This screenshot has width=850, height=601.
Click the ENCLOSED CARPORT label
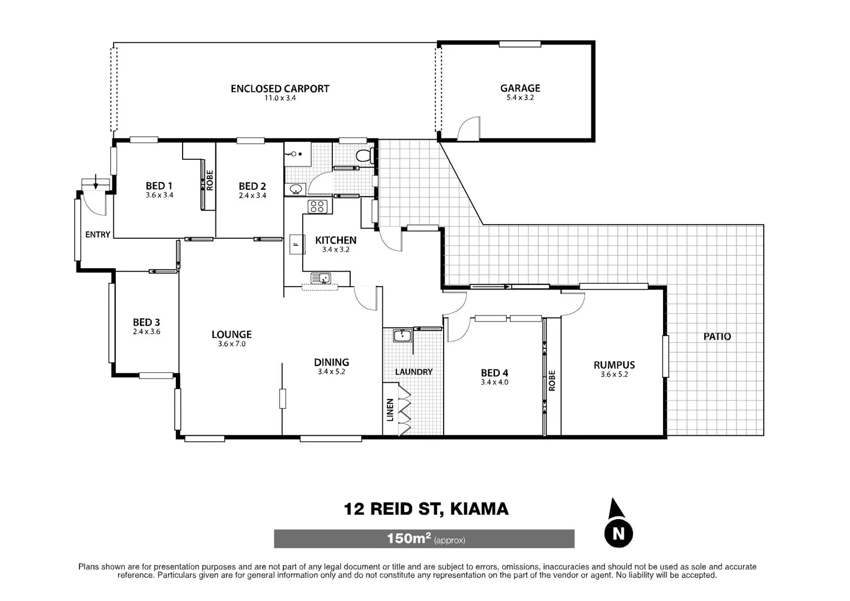click(279, 88)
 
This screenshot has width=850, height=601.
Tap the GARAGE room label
click(520, 88)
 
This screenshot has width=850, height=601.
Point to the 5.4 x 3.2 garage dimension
click(520, 97)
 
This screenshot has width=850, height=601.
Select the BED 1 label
click(159, 186)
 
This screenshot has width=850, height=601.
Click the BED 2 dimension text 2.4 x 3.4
click(252, 195)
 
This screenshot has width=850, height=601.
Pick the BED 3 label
click(146, 322)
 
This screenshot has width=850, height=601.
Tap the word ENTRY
click(97, 235)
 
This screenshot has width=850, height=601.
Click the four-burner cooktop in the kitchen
click(317, 207)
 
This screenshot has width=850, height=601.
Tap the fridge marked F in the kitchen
click(296, 244)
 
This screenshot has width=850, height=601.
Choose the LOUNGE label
click(232, 334)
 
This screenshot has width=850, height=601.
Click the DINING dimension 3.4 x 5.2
click(331, 372)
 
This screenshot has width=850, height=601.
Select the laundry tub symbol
click(401, 336)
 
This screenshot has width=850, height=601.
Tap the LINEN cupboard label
click(390, 410)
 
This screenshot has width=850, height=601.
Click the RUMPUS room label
click(614, 365)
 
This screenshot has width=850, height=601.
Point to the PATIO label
click(717, 337)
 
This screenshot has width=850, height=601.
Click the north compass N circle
click(618, 533)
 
